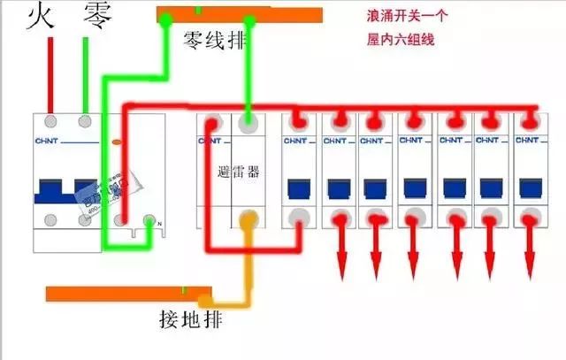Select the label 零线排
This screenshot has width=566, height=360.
[x=214, y=40]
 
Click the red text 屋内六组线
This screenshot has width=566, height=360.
[x=400, y=40]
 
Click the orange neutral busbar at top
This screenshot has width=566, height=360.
[x=239, y=14]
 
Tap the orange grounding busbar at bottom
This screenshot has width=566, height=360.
[x=128, y=293]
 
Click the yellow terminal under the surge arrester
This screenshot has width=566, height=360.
[x=249, y=218]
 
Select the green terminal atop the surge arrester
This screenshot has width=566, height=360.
[x=249, y=118]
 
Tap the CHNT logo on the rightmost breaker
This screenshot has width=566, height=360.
[x=528, y=140]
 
